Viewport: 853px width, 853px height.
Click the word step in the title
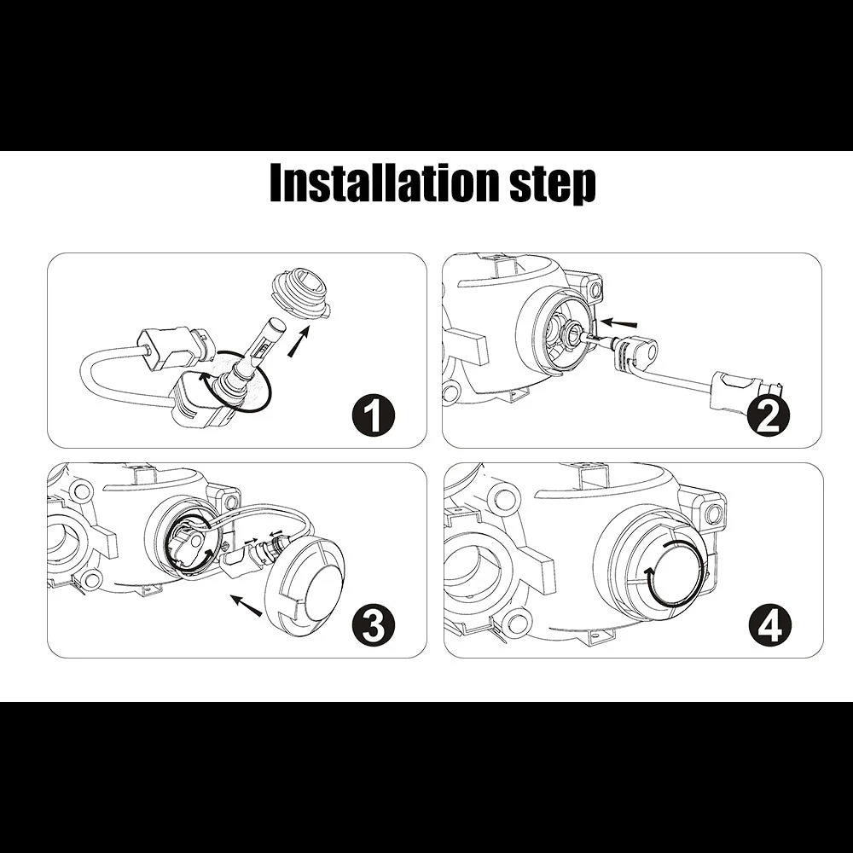tap(552, 185)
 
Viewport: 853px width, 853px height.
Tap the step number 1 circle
tap(373, 415)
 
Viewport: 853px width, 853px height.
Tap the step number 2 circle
tap(768, 415)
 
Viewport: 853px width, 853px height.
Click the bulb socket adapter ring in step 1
tap(301, 294)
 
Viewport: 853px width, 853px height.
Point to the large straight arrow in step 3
tap(246, 605)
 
